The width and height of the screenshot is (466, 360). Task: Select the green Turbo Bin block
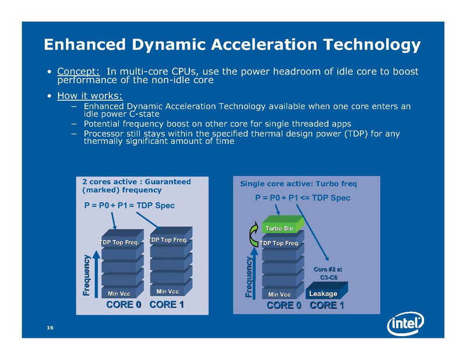point(281,228)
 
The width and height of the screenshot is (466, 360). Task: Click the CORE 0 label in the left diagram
point(124,305)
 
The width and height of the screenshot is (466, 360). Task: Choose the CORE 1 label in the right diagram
point(327,305)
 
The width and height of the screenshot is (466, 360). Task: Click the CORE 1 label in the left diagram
point(168,305)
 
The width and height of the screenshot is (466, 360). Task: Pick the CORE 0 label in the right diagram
point(284,305)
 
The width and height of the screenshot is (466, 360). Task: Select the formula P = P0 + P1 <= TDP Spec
point(302,197)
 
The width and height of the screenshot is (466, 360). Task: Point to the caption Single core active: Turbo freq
point(298,183)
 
